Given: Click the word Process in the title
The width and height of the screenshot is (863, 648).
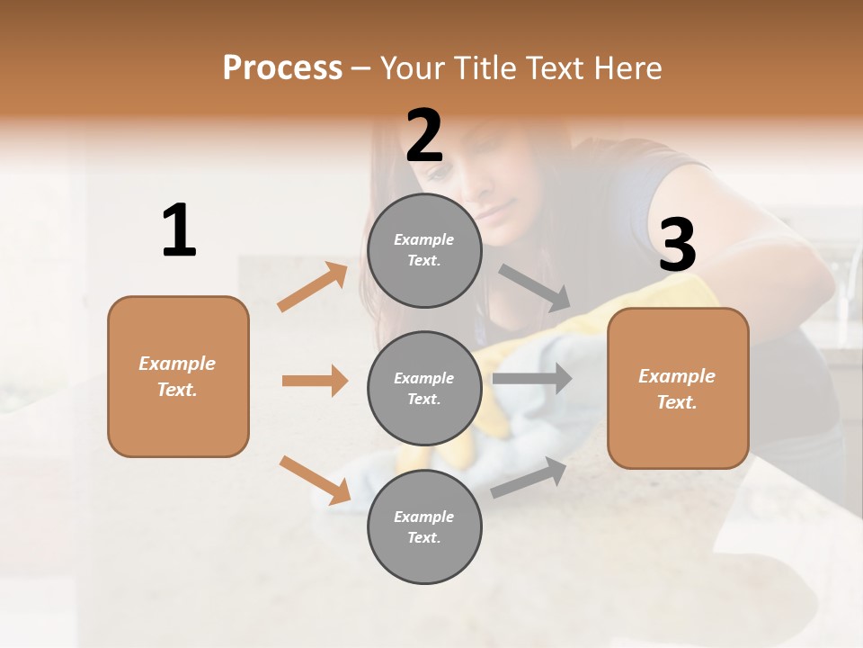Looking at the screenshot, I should pyautogui.click(x=282, y=68).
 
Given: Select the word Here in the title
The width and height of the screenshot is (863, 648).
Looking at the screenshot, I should pyautogui.click(x=626, y=68).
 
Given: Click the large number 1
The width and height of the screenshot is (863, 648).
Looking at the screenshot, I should pyautogui.click(x=179, y=231).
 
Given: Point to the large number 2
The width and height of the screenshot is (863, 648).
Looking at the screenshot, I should pyautogui.click(x=424, y=136).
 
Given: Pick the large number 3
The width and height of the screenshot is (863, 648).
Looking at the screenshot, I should pyautogui.click(x=677, y=245).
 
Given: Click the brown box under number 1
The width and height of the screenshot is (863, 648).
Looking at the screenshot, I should pyautogui.click(x=178, y=376).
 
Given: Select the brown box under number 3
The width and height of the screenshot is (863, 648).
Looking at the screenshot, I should pyautogui.click(x=678, y=388).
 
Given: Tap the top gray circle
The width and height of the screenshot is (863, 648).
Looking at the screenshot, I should pyautogui.click(x=424, y=250).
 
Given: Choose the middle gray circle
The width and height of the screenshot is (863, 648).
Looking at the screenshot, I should pyautogui.click(x=424, y=388).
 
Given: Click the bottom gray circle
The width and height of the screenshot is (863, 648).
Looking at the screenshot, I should pyautogui.click(x=424, y=526).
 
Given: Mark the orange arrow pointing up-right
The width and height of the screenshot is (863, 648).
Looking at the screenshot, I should pyautogui.click(x=313, y=287).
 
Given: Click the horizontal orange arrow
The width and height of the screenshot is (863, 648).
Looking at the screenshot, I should pyautogui.click(x=315, y=381).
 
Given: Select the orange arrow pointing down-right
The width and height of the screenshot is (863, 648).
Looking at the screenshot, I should pyautogui.click(x=315, y=480).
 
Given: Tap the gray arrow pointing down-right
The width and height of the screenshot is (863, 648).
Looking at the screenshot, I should pyautogui.click(x=536, y=287).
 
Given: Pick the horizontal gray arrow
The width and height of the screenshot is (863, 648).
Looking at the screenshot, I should pyautogui.click(x=532, y=379).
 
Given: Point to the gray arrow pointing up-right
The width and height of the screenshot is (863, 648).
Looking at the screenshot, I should pyautogui.click(x=529, y=478).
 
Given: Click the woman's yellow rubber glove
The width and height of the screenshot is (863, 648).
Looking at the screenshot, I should pyautogui.click(x=683, y=297).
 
